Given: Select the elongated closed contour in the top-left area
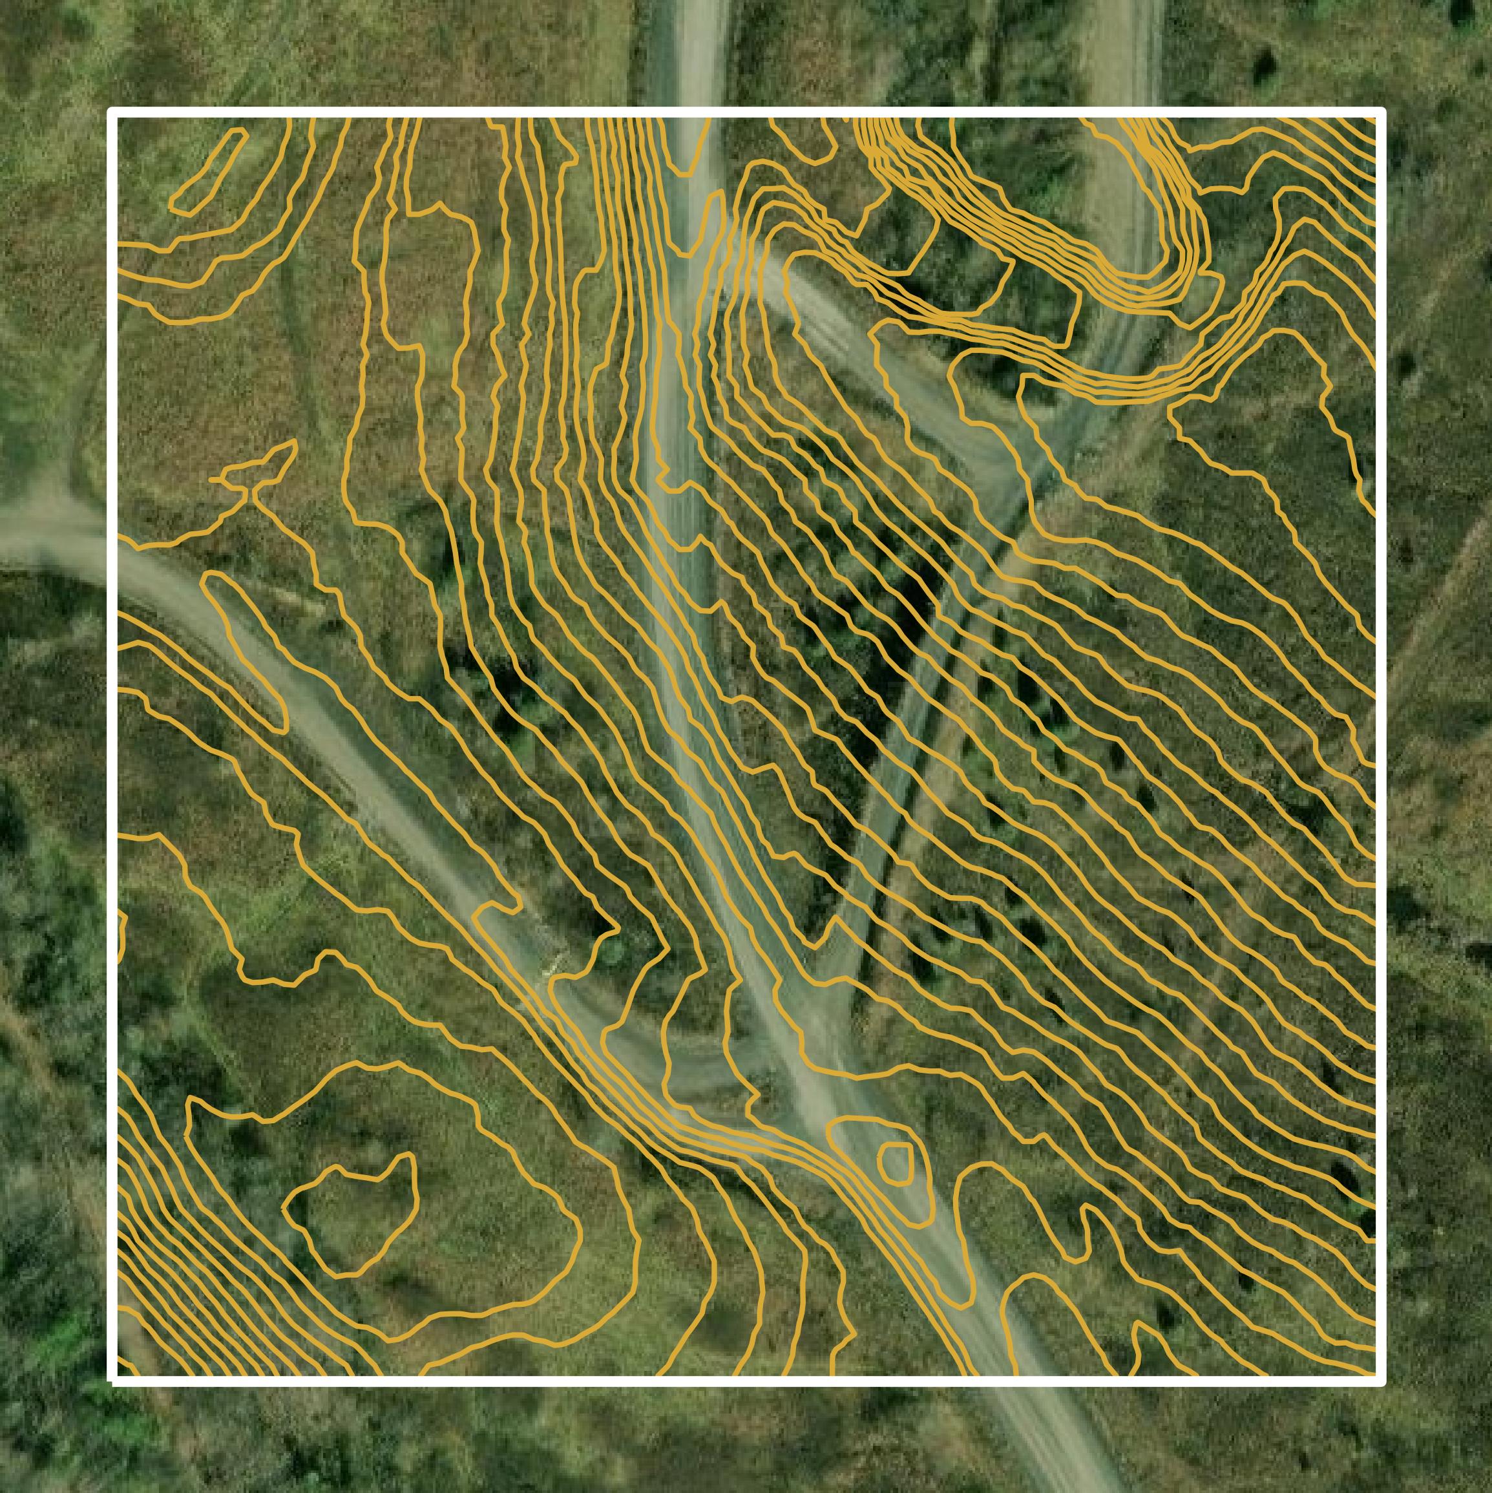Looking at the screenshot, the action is tap(207, 171).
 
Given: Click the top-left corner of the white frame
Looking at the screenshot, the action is tap(113, 113).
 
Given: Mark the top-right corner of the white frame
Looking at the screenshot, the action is tap(1380, 113).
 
